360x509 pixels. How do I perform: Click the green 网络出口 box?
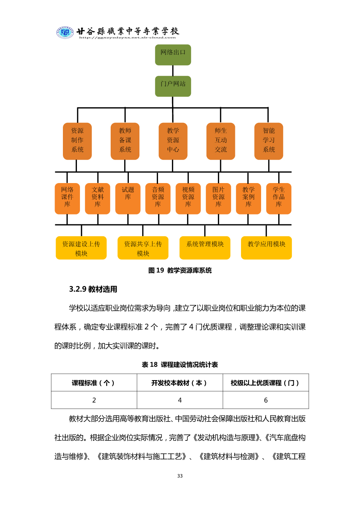pyautogui.click(x=173, y=55)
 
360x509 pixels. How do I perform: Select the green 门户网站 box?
pyautogui.click(x=173, y=86)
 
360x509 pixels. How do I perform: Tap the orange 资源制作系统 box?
pyautogui.click(x=77, y=141)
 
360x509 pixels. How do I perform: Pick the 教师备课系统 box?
pyautogui.click(x=125, y=141)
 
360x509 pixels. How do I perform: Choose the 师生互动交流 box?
pyautogui.click(x=221, y=141)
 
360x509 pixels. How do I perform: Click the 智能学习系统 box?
pyautogui.click(x=269, y=141)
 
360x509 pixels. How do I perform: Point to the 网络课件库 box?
pyautogui.click(x=67, y=199)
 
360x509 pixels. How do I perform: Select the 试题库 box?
pyautogui.click(x=128, y=199)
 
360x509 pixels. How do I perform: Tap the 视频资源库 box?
pyautogui.click(x=188, y=199)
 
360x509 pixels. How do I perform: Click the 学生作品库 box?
pyautogui.click(x=279, y=199)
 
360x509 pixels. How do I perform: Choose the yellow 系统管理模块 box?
pyautogui.click(x=205, y=248)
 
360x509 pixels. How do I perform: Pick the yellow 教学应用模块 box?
pyautogui.click(x=266, y=248)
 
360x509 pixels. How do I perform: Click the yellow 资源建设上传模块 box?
pyautogui.click(x=81, y=248)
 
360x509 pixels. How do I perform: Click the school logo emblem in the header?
pyautogui.click(x=65, y=32)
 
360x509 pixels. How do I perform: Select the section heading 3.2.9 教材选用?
pyautogui.click(x=93, y=289)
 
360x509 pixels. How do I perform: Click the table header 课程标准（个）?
pyautogui.click(x=94, y=383)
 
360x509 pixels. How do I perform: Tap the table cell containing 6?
pyautogui.click(x=266, y=400)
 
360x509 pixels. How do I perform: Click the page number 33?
pyautogui.click(x=180, y=476)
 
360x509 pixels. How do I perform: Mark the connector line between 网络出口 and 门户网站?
pyautogui.click(x=173, y=71)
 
